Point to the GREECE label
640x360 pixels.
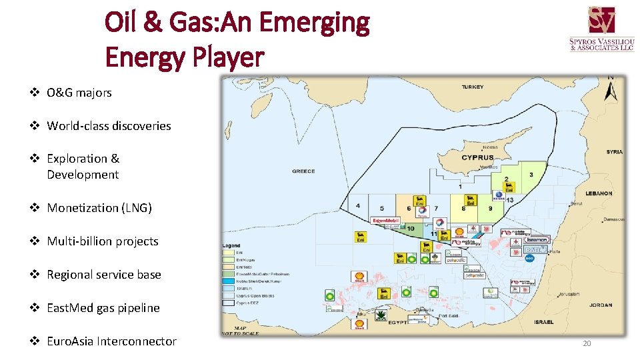point(303,171)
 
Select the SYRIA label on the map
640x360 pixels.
point(614,151)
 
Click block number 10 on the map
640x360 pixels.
point(411,229)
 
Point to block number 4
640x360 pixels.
point(359,206)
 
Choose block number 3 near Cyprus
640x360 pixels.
point(531,175)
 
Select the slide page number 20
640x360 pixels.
point(587,343)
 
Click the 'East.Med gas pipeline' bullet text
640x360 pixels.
point(103,308)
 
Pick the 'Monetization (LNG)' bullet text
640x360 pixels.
point(99,208)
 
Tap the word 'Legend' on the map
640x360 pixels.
point(231,245)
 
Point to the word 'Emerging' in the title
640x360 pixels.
point(313,23)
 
